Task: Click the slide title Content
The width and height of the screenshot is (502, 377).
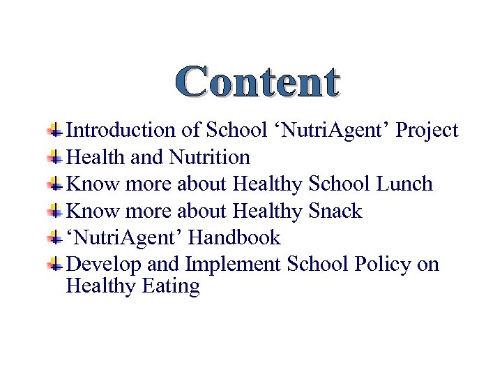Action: tap(257, 82)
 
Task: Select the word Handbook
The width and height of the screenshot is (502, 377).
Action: tap(234, 237)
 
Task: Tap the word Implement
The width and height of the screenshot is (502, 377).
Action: tap(232, 265)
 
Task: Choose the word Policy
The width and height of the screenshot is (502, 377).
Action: tap(383, 265)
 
